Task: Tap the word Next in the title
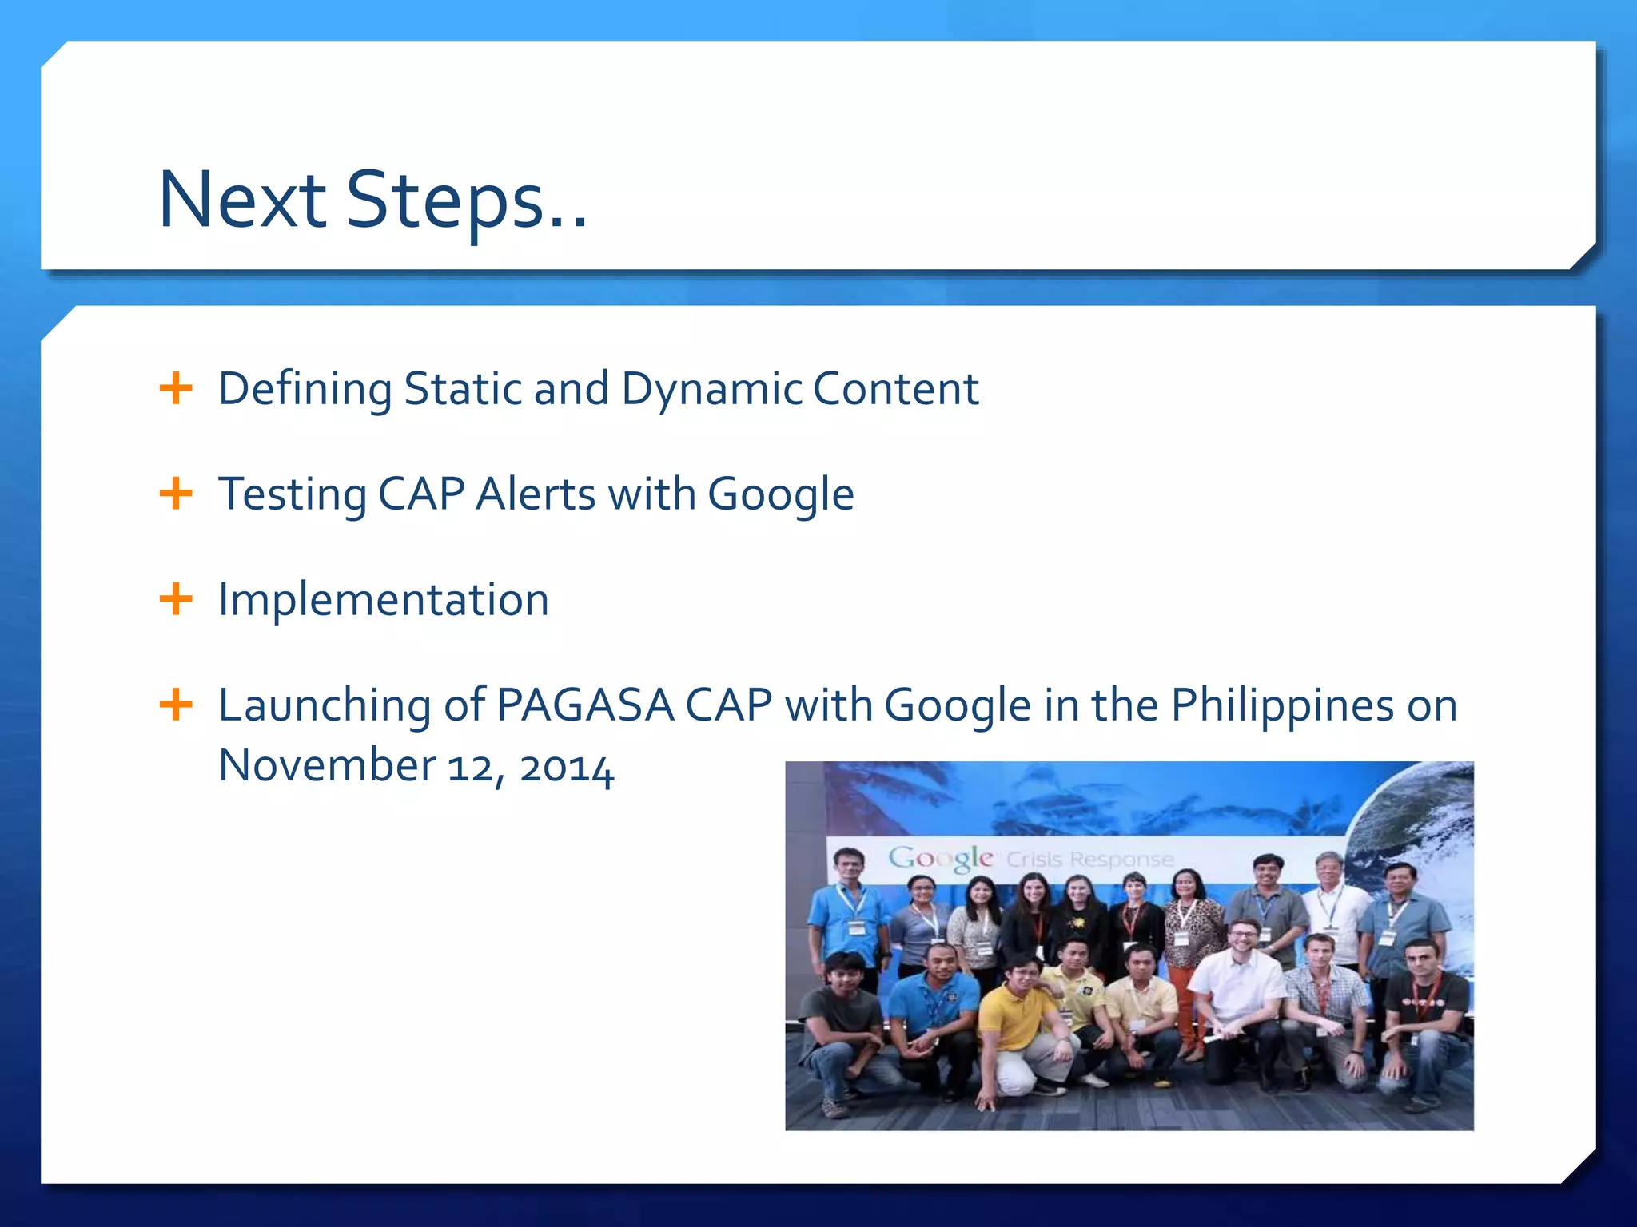[242, 200]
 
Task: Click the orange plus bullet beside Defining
[176, 389]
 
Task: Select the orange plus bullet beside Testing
[176, 494]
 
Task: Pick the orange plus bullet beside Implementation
[176, 599]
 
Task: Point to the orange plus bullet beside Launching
[176, 705]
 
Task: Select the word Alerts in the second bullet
[536, 494]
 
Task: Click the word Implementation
[384, 599]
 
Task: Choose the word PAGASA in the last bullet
[585, 705]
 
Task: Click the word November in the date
[326, 765]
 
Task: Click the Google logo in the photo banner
[941, 859]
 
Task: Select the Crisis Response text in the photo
[1089, 860]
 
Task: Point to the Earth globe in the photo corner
[1415, 823]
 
